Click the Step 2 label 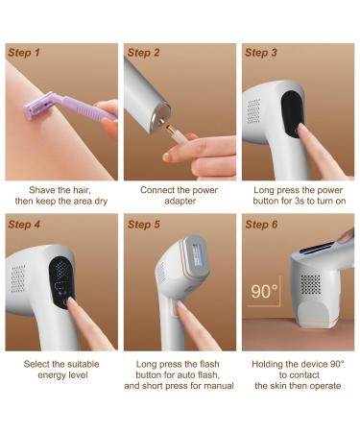pyautogui.click(x=144, y=53)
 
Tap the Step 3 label pyautogui.click(x=262, y=53)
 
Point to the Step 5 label pyautogui.click(x=144, y=225)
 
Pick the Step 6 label pyautogui.click(x=262, y=225)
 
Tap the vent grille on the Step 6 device pyautogui.click(x=309, y=283)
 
